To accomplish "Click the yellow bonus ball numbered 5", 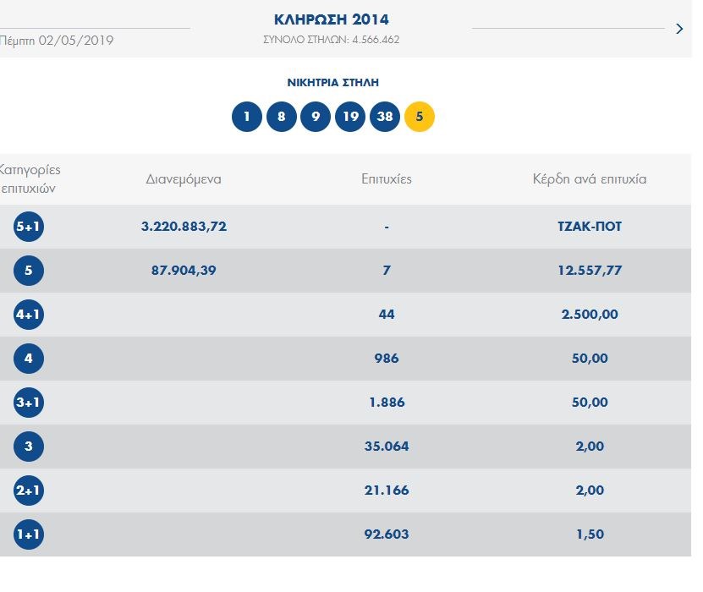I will [x=420, y=117].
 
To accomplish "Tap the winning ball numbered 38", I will [x=384, y=117].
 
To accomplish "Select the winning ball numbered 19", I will [x=349, y=117].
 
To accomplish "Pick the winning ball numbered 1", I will [x=246, y=117].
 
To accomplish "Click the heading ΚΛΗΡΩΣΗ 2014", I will [x=332, y=20].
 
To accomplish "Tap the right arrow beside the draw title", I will [x=679, y=29].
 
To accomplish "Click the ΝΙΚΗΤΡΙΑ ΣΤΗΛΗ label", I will [x=332, y=83].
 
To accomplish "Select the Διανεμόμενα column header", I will [x=184, y=179].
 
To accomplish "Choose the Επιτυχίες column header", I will [x=386, y=179].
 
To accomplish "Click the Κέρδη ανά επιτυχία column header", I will [x=590, y=179].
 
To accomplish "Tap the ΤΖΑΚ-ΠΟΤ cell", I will [x=590, y=227].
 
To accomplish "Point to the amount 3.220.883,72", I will [x=184, y=227].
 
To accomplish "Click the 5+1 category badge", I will [x=29, y=227].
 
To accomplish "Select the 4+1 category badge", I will [x=29, y=315].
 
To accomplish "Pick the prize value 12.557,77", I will [x=590, y=271].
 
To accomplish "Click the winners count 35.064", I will [x=386, y=447].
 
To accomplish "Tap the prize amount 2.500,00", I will [x=590, y=315].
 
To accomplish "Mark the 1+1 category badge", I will [x=29, y=534].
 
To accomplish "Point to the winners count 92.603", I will [x=386, y=534].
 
